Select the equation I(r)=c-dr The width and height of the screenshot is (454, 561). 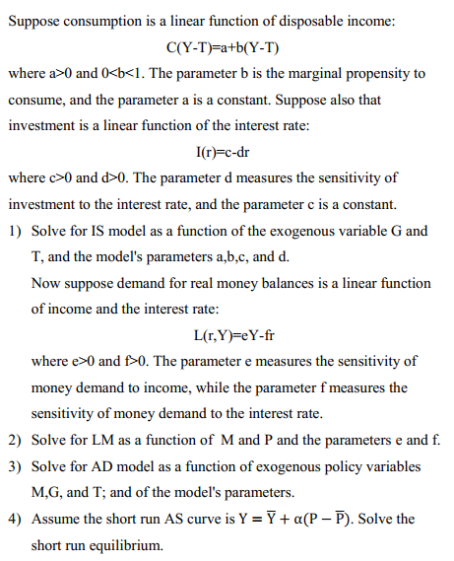pyautogui.click(x=227, y=152)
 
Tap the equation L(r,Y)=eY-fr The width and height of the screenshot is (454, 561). pyautogui.click(x=227, y=334)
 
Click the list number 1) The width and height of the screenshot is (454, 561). pyautogui.click(x=16, y=231)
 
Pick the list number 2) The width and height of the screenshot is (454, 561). pyautogui.click(x=16, y=439)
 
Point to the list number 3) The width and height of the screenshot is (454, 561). pyautogui.click(x=16, y=465)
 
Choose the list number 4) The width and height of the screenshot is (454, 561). pyautogui.click(x=16, y=518)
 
